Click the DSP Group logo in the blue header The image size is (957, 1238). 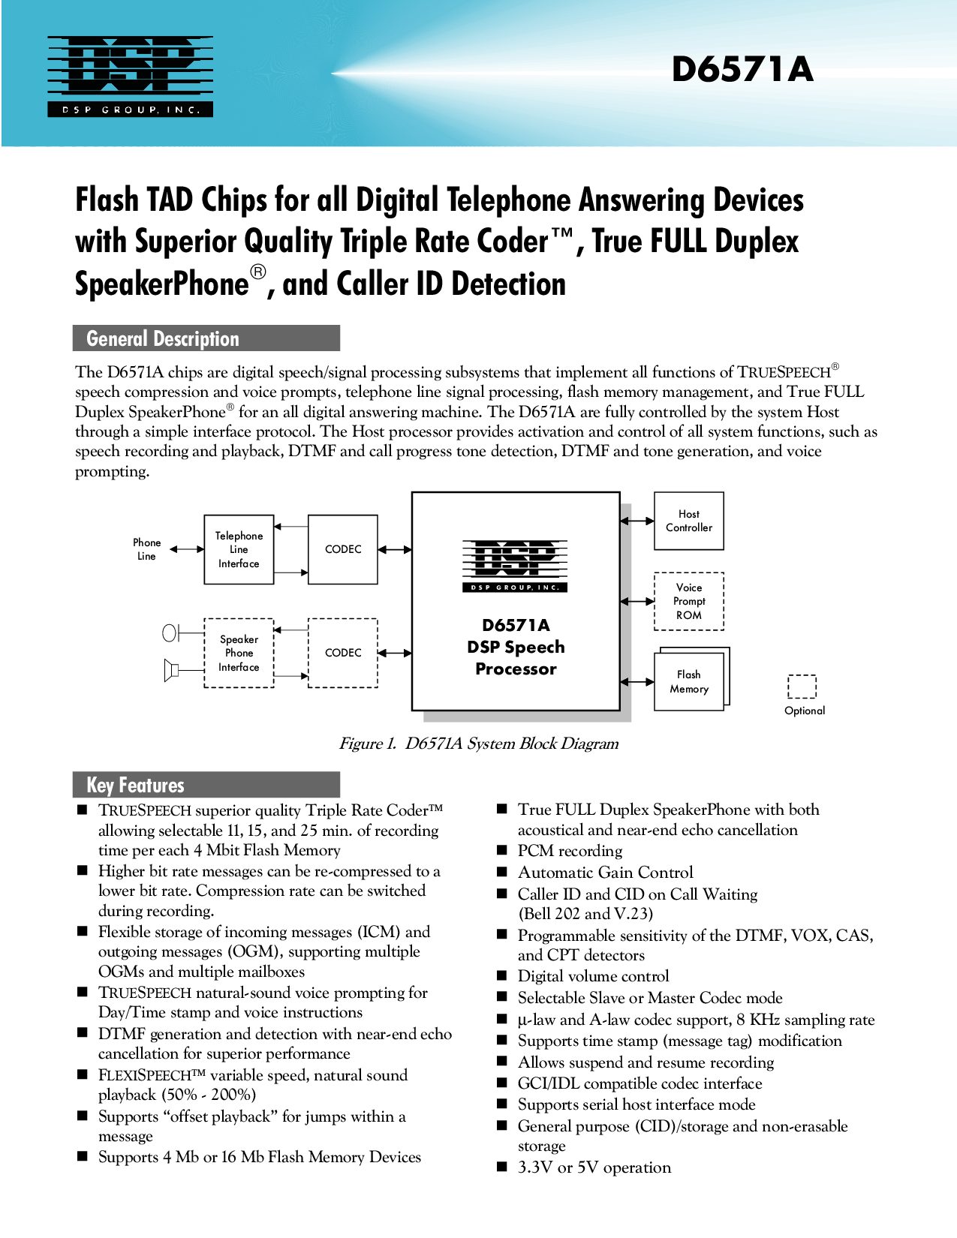(130, 77)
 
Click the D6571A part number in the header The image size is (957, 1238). (742, 70)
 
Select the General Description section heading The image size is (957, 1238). (206, 338)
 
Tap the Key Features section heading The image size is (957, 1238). (206, 785)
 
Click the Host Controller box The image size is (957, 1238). (688, 521)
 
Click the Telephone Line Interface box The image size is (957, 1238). (239, 549)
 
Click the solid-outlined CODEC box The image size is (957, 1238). (342, 549)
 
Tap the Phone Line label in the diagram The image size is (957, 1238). (146, 549)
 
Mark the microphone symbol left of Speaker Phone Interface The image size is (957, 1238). (170, 633)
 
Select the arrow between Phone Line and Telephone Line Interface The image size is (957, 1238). (187, 549)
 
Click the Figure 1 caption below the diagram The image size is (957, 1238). (479, 744)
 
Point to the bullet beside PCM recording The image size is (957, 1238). (501, 850)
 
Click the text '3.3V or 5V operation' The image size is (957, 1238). (594, 1167)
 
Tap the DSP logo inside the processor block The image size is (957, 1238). (515, 566)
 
